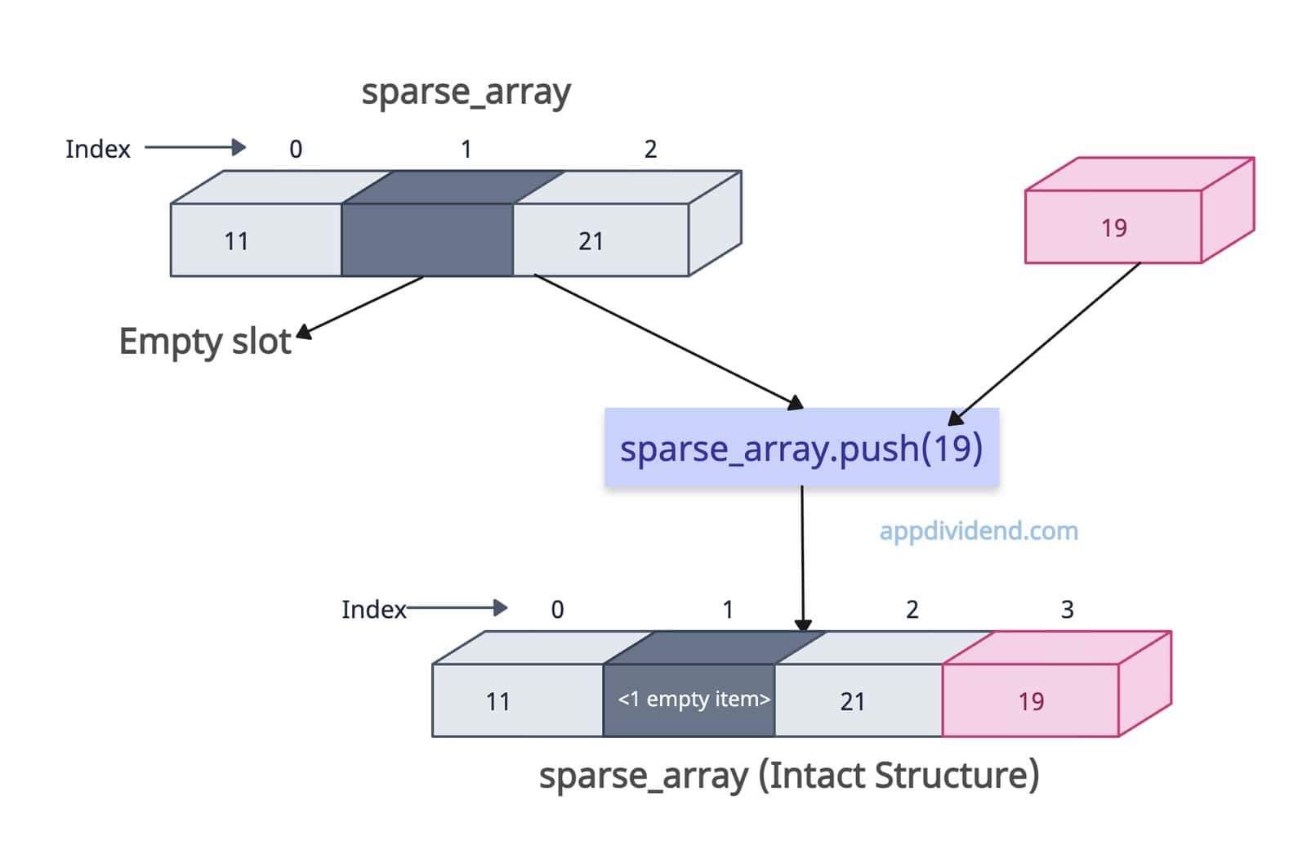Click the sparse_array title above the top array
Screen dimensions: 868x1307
pos(466,92)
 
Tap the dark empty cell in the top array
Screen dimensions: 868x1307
pos(426,240)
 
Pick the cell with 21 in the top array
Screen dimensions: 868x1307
pos(600,240)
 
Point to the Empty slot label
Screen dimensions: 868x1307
pos(204,342)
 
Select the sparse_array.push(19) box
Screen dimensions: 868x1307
pos(801,448)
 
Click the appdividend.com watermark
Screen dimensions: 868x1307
pos(978,531)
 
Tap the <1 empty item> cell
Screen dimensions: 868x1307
pos(693,700)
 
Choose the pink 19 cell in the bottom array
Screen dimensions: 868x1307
pos(1030,700)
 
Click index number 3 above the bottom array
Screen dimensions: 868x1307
pos(1067,610)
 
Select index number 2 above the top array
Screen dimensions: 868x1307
pos(650,150)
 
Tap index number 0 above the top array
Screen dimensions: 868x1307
pos(296,150)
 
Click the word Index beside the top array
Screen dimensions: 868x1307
pos(97,150)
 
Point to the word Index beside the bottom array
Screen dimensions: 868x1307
pos(373,610)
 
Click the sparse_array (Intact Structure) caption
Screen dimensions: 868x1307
pos(788,775)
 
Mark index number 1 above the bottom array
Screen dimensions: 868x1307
pos(728,610)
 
